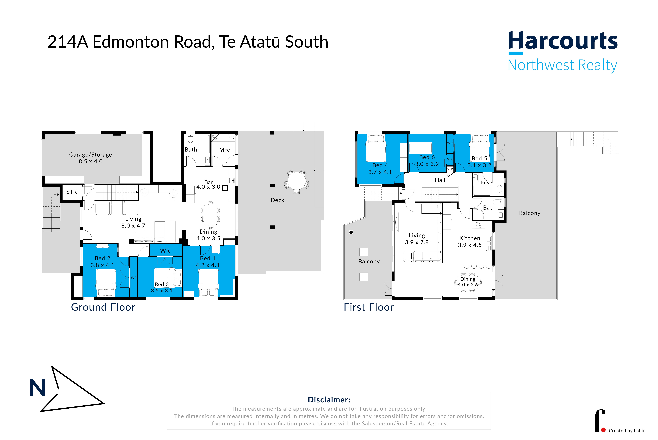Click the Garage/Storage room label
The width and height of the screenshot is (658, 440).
(x=91, y=155)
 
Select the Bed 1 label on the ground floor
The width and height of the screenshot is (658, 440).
(x=208, y=258)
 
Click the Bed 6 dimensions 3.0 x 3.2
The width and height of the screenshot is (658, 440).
(x=427, y=164)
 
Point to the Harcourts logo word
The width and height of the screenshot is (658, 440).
(x=563, y=41)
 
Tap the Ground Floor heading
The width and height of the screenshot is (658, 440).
(x=103, y=307)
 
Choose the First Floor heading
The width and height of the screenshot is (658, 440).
(x=369, y=307)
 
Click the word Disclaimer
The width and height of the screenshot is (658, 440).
(x=329, y=400)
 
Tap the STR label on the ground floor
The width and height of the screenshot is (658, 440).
(x=72, y=192)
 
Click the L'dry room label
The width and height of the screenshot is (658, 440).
(x=223, y=150)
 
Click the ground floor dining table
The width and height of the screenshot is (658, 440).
(x=211, y=215)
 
